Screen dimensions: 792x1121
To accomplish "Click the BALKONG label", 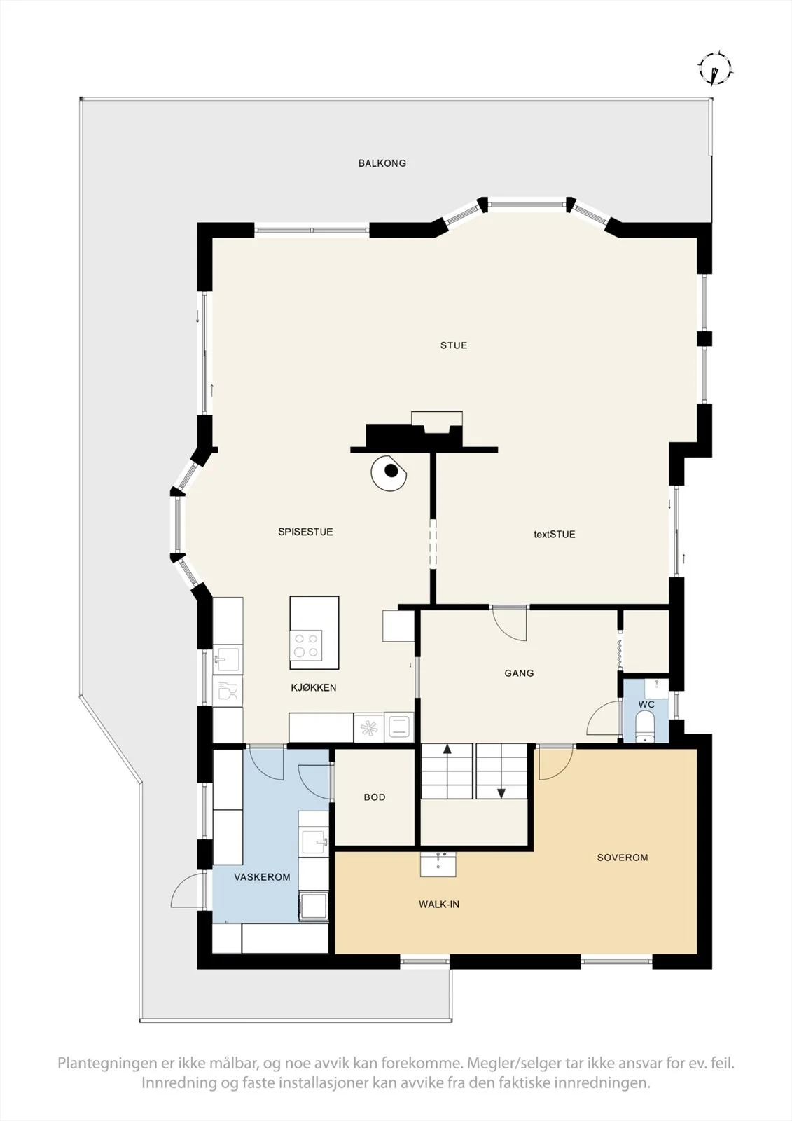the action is click(382, 163).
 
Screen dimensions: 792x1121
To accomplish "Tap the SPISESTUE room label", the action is click(306, 532).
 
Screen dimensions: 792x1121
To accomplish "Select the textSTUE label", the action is click(555, 535).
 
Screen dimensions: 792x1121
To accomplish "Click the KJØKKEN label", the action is click(314, 687).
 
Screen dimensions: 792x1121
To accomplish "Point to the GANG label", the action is click(520, 673).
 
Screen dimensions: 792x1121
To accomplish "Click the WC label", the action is click(646, 705).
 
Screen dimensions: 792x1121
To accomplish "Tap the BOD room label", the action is click(375, 797).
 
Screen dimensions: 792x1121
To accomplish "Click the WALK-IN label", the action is click(439, 905).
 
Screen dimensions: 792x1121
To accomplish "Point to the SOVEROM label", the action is click(623, 858).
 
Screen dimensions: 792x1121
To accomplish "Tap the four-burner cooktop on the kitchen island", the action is click(306, 645).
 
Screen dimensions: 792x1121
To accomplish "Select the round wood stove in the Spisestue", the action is click(389, 472).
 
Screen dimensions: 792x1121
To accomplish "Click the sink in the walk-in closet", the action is click(438, 865).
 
